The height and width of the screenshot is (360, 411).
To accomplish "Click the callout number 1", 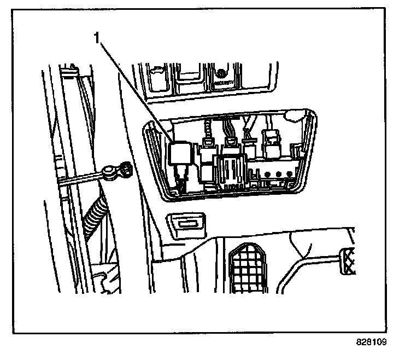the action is pyautogui.click(x=97, y=39).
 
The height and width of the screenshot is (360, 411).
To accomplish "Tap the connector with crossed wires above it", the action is pyautogui.click(x=249, y=147).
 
